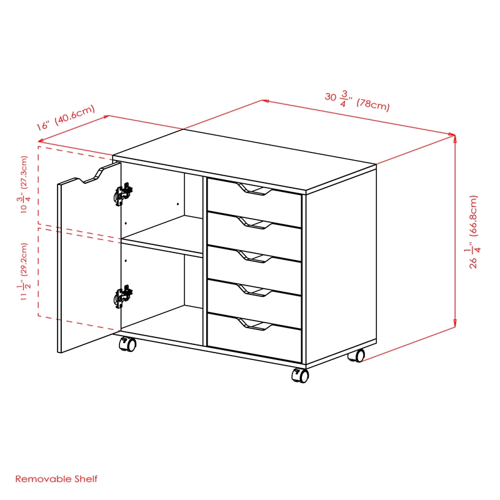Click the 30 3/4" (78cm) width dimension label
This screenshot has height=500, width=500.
coord(357,101)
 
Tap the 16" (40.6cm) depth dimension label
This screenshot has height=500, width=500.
coord(65,117)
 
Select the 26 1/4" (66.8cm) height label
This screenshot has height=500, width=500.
coord(476,232)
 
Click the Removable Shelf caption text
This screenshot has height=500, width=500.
coord(56,479)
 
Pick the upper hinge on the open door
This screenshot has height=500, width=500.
coord(124,194)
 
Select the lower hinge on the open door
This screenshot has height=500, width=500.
coord(124,297)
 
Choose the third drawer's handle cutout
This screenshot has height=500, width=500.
coord(255,256)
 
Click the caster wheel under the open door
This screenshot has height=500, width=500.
coord(127,344)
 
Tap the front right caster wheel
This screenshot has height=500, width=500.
coord(300,375)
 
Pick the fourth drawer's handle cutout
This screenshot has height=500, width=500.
coord(255,289)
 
